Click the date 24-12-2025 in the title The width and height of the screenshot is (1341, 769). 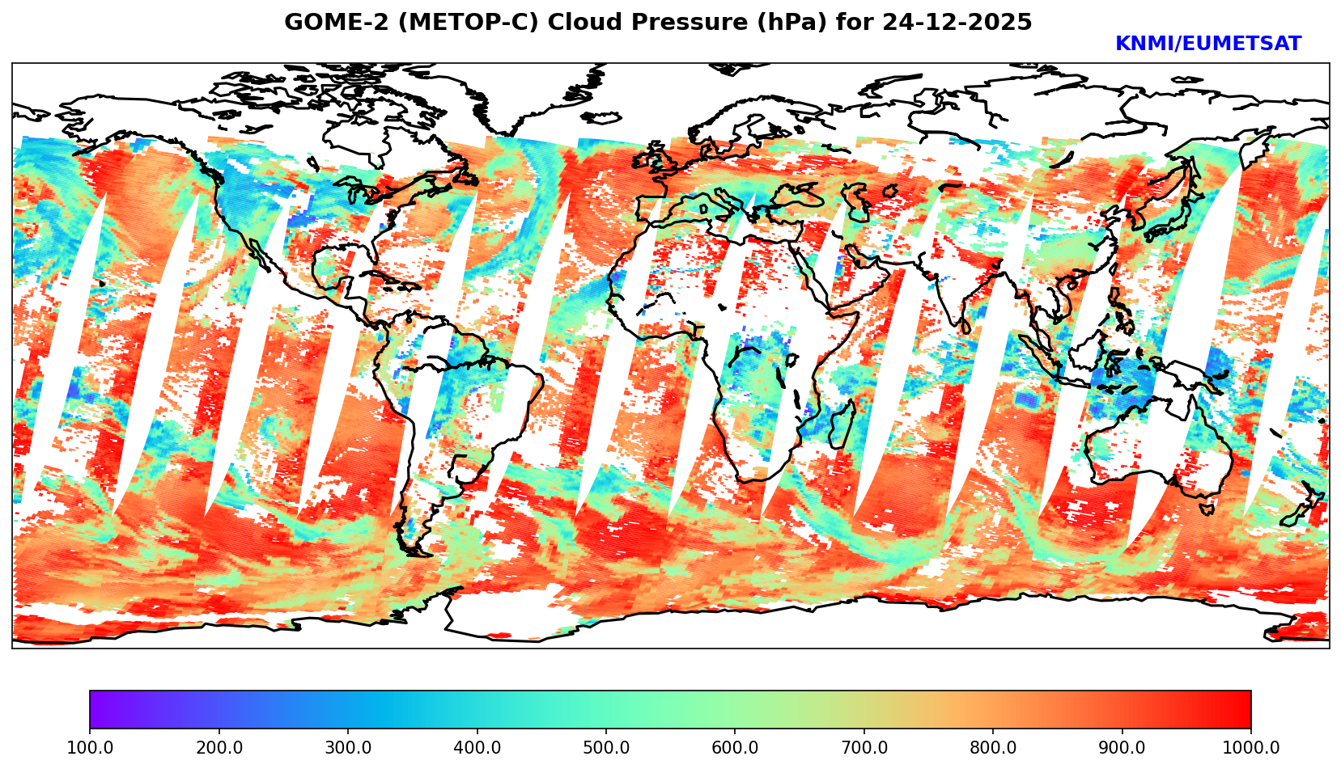[957, 23]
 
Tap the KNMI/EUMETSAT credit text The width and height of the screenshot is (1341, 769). [1207, 44]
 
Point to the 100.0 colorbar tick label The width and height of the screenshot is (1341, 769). [90, 748]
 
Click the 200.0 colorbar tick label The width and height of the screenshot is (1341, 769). [219, 748]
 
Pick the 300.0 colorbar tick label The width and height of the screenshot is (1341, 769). [348, 748]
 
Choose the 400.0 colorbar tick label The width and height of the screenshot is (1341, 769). [477, 748]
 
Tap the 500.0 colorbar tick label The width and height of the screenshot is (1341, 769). [606, 748]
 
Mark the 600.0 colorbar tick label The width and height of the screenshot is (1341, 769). [735, 748]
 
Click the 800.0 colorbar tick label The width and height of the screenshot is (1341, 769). [993, 748]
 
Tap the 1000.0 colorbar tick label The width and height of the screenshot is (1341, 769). [1251, 748]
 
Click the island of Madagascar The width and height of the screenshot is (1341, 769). [842, 426]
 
